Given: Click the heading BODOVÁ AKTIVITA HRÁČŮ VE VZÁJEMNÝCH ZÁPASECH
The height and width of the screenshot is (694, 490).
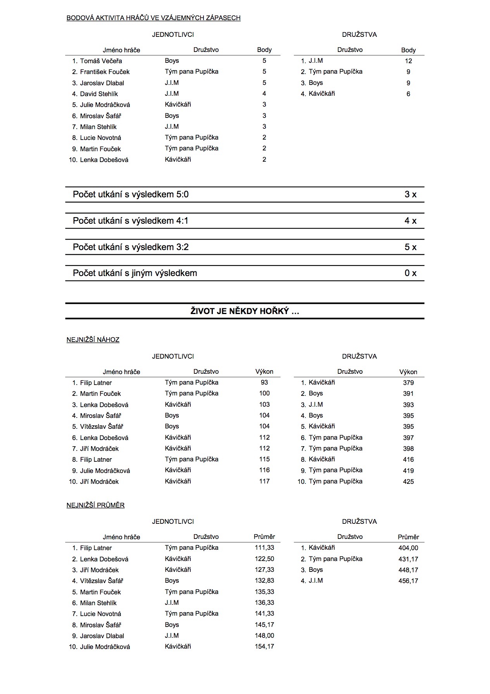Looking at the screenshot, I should (x=154, y=18).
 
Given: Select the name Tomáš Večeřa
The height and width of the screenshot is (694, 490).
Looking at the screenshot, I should (x=101, y=61).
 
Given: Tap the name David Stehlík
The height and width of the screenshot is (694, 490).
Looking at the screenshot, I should (x=99, y=94).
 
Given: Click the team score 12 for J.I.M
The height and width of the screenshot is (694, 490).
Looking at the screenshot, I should (x=408, y=61).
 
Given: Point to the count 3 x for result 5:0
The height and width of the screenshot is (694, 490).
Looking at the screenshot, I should (x=410, y=195).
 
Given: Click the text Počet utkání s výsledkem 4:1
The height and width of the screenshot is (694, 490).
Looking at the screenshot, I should (x=131, y=221).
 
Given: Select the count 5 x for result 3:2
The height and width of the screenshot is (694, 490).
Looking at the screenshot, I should (x=410, y=247).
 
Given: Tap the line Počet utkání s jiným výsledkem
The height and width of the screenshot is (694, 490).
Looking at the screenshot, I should (x=135, y=273).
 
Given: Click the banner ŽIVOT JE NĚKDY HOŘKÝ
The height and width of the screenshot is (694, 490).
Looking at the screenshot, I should (x=245, y=311).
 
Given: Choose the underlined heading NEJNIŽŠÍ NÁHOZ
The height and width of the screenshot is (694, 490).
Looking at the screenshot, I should (x=93, y=340).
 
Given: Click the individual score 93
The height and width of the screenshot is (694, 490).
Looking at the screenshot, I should (x=264, y=383).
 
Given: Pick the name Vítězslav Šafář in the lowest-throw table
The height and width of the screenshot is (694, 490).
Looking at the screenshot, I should (x=102, y=426).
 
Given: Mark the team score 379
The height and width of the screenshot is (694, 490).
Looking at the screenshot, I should (x=408, y=383).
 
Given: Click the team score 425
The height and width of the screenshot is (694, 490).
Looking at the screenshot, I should (x=408, y=482).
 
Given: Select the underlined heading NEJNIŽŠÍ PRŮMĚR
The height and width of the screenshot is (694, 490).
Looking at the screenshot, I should (x=96, y=506).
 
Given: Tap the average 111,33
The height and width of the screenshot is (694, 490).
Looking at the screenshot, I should (x=264, y=548).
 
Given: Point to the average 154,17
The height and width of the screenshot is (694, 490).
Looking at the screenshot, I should (x=264, y=647).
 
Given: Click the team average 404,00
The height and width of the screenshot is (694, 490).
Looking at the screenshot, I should (x=408, y=548).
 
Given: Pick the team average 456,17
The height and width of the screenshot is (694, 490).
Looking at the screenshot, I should (x=408, y=581).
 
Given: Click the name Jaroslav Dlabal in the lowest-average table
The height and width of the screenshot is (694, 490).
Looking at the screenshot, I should (x=102, y=636).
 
